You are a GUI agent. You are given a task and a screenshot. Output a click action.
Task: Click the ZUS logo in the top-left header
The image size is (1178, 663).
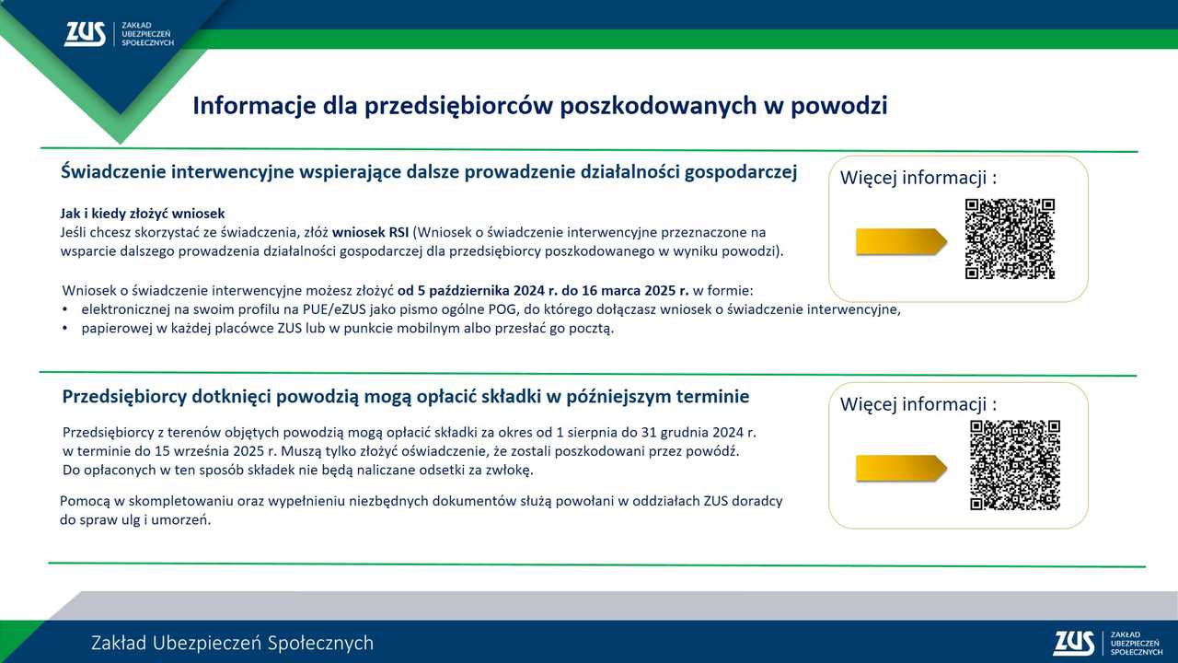point(120,34)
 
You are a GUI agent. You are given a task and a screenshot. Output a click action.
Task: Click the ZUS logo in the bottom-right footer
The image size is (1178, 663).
point(1107,644)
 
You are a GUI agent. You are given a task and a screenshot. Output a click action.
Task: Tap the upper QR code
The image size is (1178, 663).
point(1010,238)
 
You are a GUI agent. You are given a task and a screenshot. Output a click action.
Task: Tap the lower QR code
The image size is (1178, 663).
point(1015,465)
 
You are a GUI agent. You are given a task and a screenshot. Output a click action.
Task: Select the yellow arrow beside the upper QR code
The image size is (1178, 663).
point(901,242)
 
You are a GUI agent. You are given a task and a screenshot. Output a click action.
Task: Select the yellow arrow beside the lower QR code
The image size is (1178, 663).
point(901,469)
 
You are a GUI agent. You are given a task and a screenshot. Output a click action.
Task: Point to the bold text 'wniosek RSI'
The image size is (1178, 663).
point(370,233)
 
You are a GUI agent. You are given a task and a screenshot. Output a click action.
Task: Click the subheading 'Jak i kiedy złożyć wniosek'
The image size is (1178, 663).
point(143,214)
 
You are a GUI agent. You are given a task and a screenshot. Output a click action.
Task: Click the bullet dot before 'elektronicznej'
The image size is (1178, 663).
point(65,309)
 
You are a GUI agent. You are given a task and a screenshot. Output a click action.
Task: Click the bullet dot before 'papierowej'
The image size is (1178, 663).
point(65,329)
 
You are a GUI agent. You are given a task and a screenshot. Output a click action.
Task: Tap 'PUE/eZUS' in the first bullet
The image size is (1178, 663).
point(334,309)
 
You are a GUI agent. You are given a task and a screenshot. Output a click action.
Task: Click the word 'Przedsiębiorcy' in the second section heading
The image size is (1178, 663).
point(124,397)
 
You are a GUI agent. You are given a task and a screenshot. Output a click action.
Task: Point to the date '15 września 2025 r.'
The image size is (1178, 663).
point(215,451)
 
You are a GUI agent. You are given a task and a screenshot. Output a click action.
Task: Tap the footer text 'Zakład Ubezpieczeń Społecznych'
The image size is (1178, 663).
point(233,644)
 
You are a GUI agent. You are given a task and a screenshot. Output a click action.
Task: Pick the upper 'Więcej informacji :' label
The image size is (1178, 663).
point(918,178)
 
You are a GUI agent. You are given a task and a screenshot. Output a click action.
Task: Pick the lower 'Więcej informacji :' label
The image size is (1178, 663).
point(918,404)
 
